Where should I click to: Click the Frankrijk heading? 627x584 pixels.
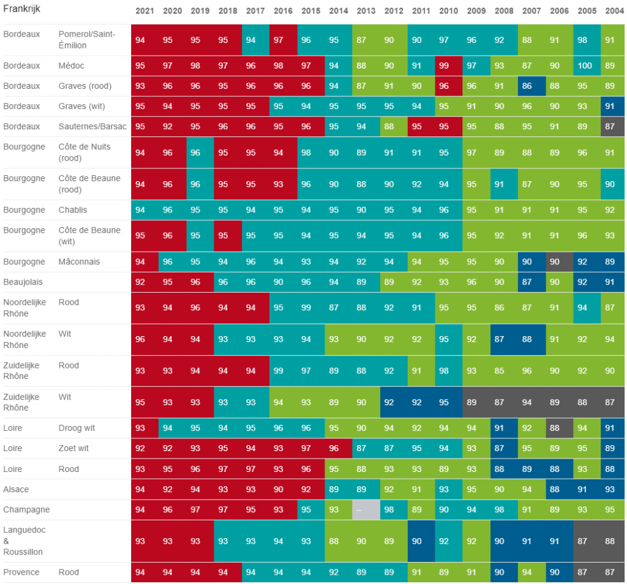click(x=21, y=9)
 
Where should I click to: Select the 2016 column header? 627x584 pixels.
click(x=283, y=11)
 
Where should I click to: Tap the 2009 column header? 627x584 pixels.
click(x=476, y=11)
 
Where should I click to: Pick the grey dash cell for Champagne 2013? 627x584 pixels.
click(x=366, y=510)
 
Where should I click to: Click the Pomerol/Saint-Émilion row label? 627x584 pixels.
click(x=87, y=40)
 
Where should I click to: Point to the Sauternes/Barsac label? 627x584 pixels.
click(x=92, y=126)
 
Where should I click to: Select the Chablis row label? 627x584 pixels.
click(x=73, y=210)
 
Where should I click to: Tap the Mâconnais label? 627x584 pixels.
click(x=79, y=262)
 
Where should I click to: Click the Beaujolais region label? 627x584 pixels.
click(x=23, y=282)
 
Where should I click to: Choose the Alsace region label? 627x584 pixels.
click(x=16, y=489)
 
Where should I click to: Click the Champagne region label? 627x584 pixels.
click(x=26, y=510)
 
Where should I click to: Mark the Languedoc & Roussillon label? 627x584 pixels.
click(x=24, y=541)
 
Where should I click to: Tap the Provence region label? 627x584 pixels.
click(x=21, y=572)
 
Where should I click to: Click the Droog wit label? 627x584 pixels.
click(x=77, y=428)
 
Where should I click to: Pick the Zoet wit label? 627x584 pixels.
click(x=73, y=449)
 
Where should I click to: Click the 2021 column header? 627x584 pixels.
click(x=145, y=11)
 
